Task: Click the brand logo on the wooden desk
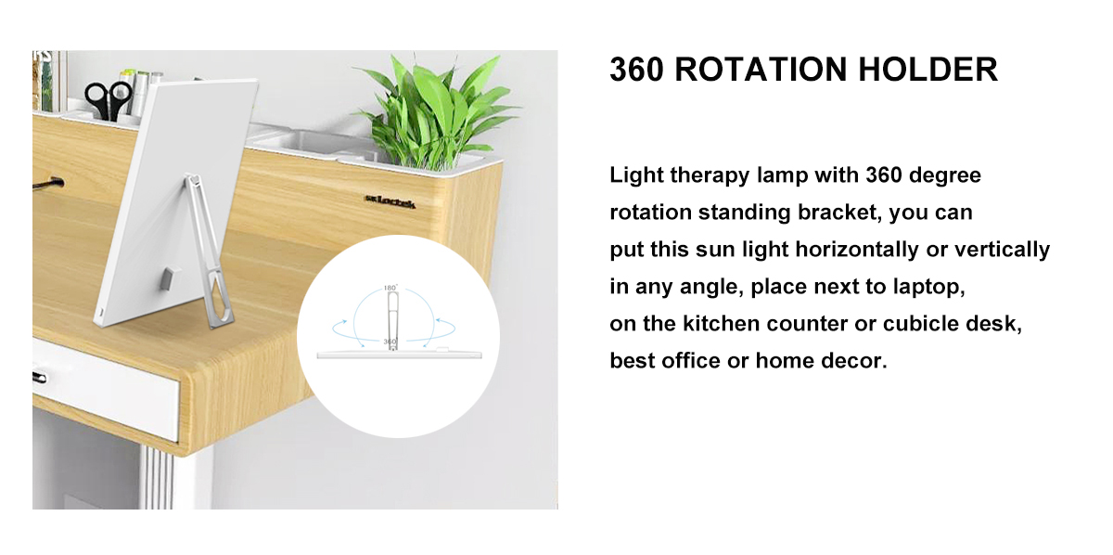click(390, 201)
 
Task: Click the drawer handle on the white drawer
click(39, 378)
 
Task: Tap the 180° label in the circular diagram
click(390, 288)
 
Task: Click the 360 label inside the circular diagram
click(390, 342)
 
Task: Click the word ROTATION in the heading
click(761, 69)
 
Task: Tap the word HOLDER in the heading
click(928, 69)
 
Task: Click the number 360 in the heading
click(636, 69)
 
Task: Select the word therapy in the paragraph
click(710, 176)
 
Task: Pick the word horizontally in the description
click(854, 250)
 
